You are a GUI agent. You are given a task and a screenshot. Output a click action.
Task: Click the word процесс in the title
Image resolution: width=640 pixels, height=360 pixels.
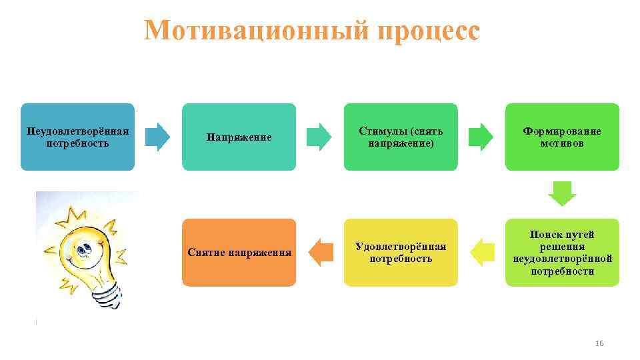(x=428, y=31)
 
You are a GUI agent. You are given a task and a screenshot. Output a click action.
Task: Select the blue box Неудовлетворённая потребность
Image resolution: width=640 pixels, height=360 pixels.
(x=77, y=136)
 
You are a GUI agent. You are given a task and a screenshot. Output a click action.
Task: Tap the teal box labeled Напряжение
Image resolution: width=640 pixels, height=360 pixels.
(x=239, y=137)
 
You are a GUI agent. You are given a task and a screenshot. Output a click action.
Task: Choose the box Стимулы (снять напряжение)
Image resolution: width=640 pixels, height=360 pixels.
(x=401, y=136)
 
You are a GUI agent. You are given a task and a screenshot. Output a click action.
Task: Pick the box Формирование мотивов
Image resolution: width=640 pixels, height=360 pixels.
(x=562, y=136)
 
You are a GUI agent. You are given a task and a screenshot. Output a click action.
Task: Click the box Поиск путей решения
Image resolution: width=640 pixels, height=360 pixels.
(x=562, y=253)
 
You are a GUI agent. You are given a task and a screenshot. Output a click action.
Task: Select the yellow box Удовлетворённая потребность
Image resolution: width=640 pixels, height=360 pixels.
(x=401, y=253)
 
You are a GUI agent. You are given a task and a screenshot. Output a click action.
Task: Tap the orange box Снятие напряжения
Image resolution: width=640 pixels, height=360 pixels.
(x=239, y=253)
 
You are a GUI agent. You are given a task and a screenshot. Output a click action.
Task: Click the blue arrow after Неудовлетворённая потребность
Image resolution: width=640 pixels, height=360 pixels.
(x=158, y=137)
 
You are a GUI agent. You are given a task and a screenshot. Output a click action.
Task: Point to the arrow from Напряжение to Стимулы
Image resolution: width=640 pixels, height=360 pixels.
(x=319, y=137)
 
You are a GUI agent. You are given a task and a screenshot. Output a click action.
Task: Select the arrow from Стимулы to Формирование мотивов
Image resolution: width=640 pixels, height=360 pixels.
(x=481, y=137)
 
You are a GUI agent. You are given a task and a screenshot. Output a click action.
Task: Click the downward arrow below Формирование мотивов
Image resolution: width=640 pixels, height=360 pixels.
(x=562, y=194)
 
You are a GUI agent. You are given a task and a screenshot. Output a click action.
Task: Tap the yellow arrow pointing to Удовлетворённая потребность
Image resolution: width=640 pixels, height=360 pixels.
(x=482, y=253)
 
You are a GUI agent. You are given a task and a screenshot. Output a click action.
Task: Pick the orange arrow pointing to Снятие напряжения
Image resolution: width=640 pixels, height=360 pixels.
(x=321, y=253)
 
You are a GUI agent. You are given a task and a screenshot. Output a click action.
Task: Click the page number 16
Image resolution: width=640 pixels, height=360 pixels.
(x=598, y=343)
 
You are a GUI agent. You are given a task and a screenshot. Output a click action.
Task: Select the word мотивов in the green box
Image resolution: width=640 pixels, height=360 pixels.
(x=562, y=143)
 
